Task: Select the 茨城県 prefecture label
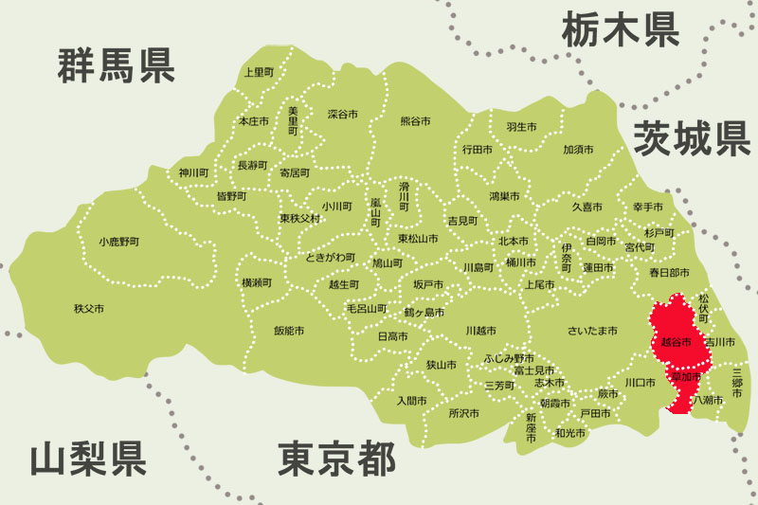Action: click(692, 138)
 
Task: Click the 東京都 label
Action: click(336, 460)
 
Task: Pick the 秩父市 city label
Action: click(89, 309)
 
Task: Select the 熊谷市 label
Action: click(415, 121)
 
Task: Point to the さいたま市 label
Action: click(592, 331)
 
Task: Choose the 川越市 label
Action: click(480, 331)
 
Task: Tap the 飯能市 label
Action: click(288, 331)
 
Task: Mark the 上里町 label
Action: click(258, 72)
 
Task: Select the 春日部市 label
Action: click(669, 272)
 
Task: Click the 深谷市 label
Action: click(342, 114)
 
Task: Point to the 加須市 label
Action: click(578, 150)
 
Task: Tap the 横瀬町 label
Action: click(257, 282)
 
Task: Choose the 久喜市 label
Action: click(587, 206)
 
